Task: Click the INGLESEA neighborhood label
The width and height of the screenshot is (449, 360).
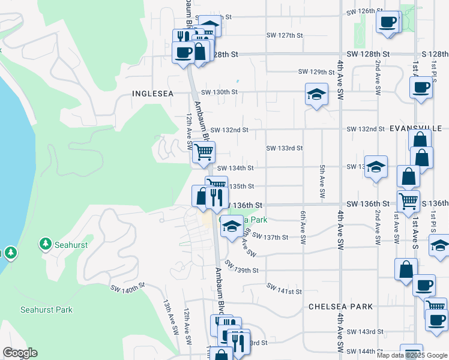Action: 152,94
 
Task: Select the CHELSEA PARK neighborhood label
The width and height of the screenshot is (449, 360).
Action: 340,307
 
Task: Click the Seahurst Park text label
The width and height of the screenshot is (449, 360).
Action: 46,310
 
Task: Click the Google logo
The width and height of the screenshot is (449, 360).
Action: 20,353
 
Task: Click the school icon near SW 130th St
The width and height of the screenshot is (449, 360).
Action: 316,94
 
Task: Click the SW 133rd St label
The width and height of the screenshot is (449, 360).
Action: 284,148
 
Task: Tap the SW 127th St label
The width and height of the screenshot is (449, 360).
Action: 285,35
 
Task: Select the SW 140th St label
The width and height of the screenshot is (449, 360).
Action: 128,288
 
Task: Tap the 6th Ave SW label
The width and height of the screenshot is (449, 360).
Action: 303,222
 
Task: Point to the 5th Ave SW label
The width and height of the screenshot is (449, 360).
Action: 322,182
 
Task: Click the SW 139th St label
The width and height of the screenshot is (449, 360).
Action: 241,267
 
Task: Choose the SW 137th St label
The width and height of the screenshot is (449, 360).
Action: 271,238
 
